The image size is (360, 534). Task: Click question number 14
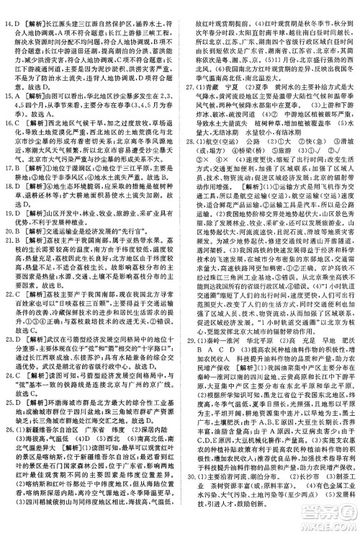pyautogui.click(x=7, y=6)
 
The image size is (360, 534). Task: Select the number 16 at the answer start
pyautogui.click(x=7, y=123)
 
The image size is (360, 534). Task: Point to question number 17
pyautogui.click(x=7, y=172)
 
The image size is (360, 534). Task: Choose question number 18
pyautogui.click(x=7, y=200)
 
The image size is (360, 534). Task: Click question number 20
pyautogui.click(x=7, y=249)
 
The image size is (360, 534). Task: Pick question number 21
pyautogui.click(x=7, y=259)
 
